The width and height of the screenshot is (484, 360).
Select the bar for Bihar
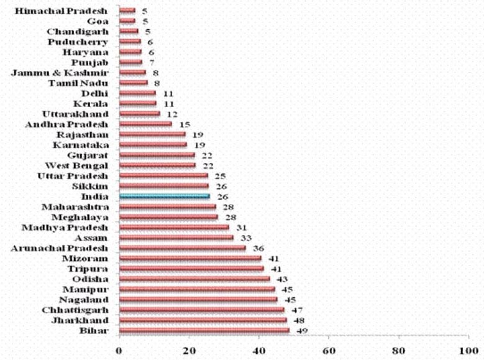coord(204,331)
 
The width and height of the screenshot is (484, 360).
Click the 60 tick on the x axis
coord(329,349)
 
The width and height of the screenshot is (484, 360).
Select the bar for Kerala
coord(137,103)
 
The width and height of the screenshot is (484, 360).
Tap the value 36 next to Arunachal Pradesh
coord(253,248)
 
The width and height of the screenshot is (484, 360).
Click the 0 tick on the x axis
coord(119,349)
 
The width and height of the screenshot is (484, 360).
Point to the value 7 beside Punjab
coord(151,63)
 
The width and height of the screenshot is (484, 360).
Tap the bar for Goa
coord(127,21)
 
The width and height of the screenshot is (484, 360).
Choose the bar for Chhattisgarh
coord(201,310)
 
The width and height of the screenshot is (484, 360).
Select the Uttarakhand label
coord(76,114)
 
